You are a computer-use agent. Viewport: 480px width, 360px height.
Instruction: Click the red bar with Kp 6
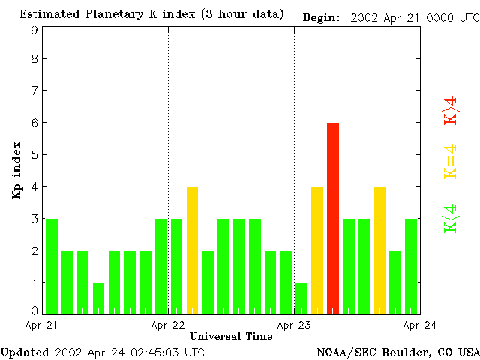coord(333,218)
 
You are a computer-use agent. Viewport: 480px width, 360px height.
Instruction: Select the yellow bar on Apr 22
coord(192,250)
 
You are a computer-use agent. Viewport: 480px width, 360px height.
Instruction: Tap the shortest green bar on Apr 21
coord(98,298)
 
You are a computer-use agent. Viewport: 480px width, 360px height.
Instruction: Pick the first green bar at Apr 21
coord(52,266)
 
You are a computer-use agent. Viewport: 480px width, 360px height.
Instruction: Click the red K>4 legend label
coord(450,109)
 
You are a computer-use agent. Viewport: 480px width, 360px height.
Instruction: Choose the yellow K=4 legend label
coord(450,162)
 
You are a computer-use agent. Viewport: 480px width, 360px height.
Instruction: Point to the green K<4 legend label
coord(450,218)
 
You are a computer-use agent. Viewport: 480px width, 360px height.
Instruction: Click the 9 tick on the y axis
coord(34,31)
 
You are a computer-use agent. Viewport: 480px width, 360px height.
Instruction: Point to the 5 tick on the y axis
coord(34,155)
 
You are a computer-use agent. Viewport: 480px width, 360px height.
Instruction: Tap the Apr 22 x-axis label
coord(168,325)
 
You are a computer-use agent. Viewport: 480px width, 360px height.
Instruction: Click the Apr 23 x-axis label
coord(294,325)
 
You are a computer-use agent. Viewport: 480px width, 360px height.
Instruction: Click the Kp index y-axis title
coord(16,172)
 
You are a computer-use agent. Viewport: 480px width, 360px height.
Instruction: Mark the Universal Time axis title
coord(231,337)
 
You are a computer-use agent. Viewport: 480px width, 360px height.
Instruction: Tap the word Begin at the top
coord(321,17)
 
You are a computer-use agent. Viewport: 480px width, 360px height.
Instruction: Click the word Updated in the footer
coord(25,352)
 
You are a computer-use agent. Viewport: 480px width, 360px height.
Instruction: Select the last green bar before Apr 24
coord(411,266)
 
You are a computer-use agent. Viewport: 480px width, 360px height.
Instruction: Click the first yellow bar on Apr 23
coord(317,250)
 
